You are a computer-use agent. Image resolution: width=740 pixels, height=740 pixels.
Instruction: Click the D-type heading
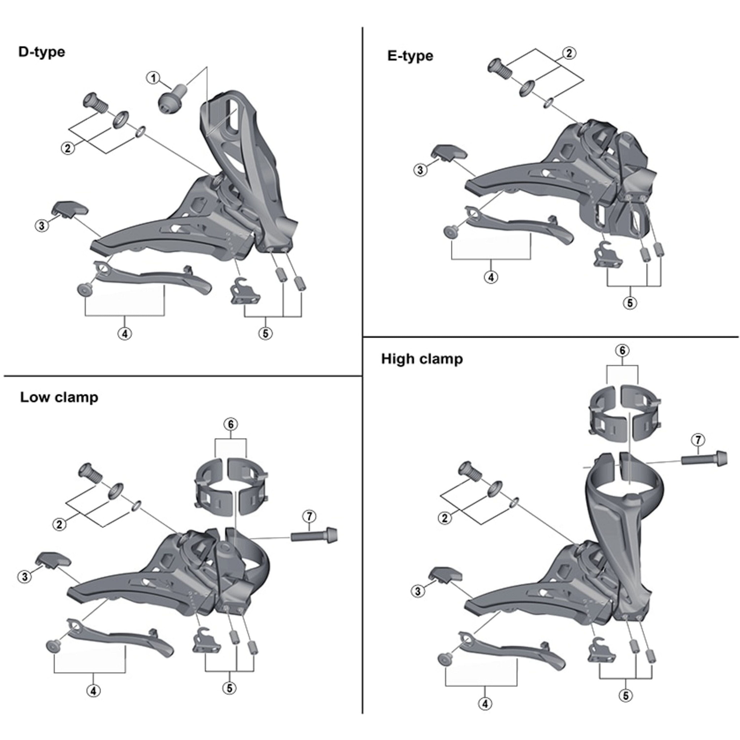tap(42, 52)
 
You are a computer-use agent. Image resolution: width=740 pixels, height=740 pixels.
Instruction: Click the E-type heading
tap(410, 56)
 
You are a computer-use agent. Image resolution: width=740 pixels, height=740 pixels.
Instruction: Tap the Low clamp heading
tap(59, 397)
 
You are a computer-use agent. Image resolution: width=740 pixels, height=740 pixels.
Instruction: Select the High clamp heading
tap(422, 359)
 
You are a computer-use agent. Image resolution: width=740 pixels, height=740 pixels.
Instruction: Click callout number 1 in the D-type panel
tap(153, 78)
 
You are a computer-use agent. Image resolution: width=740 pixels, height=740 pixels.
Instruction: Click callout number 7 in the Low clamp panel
tap(309, 516)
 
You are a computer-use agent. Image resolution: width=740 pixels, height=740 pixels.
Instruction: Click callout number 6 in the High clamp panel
tap(622, 350)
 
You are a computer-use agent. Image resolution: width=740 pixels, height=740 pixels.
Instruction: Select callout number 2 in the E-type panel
tap(569, 53)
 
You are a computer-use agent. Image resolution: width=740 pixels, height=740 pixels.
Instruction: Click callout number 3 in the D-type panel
tap(42, 225)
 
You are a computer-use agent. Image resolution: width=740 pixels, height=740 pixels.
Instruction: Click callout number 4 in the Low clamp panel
tap(94, 690)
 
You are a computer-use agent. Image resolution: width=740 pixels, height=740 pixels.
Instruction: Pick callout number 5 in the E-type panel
tap(630, 303)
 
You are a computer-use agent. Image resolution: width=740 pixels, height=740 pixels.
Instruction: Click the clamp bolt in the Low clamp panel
tap(314, 535)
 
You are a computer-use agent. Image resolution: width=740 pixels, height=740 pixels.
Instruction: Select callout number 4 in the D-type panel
tap(125, 334)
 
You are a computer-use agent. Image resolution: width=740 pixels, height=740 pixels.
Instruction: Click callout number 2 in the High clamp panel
tap(445, 518)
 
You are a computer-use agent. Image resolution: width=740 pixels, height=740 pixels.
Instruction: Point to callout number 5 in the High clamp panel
tap(625, 696)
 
